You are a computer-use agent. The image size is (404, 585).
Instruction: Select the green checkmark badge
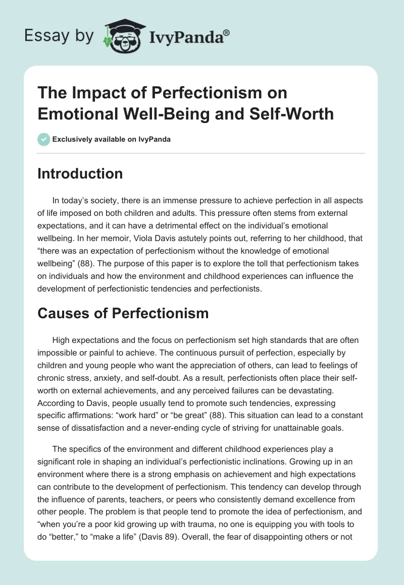pyautogui.click(x=44, y=139)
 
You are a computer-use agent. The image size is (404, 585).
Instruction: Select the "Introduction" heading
pyautogui.click(x=80, y=173)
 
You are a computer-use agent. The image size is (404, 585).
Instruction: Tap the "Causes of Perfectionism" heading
pyautogui.click(x=123, y=313)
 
